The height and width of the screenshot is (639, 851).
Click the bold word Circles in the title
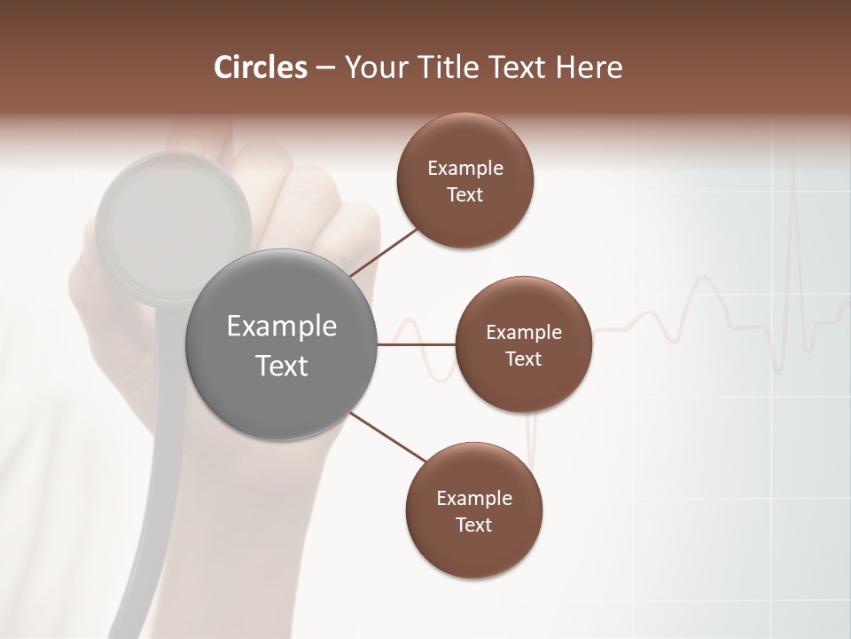260,67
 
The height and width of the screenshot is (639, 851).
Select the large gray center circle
281,344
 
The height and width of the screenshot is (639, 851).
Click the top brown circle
465,180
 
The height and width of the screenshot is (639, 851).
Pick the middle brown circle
523,344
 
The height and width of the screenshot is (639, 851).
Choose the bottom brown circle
473,510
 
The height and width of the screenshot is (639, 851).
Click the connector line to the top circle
385,252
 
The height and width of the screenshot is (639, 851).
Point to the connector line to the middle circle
416,344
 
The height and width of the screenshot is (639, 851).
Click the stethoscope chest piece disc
173,226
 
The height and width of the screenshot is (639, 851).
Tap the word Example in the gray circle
281,327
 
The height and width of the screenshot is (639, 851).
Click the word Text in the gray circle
281,365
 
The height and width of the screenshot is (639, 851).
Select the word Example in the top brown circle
465,168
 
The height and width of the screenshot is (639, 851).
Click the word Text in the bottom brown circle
473,525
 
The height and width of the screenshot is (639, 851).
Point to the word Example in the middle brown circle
523,332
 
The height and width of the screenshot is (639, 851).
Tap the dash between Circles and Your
325,68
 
